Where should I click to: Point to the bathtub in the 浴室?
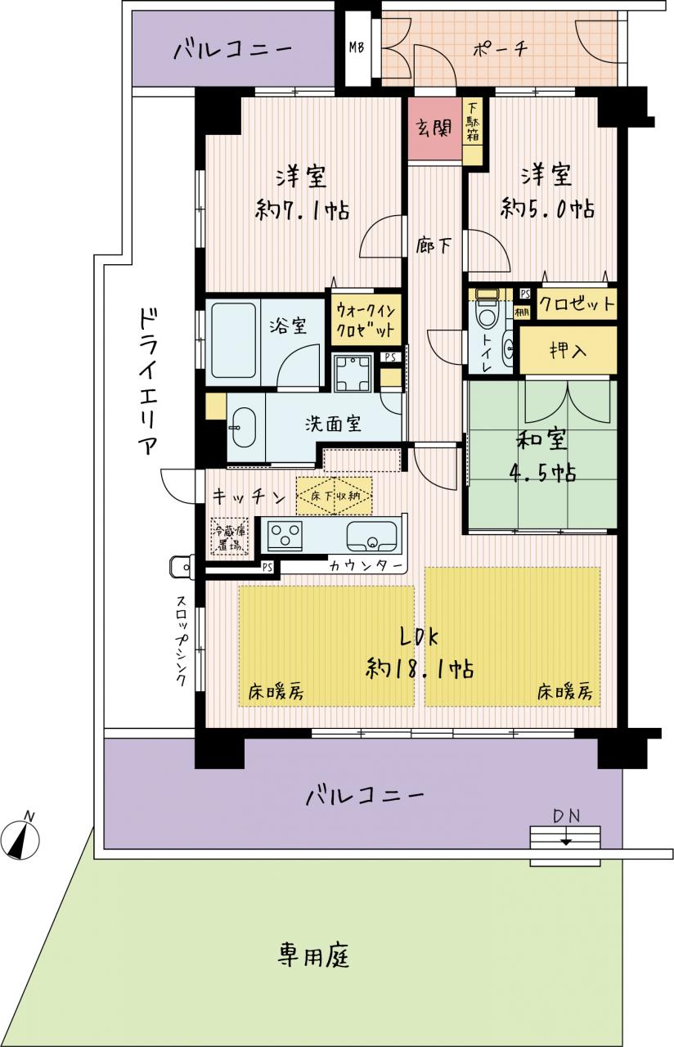233,341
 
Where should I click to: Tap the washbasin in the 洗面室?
243,428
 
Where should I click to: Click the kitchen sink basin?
371,536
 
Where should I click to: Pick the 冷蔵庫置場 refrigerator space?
229,536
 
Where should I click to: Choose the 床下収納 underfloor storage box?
334,496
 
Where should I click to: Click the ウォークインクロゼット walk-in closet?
366,320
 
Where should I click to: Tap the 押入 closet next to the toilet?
568,349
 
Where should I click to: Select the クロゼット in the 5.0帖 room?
577,304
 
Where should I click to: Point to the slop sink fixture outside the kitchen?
182,568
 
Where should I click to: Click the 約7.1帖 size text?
303,210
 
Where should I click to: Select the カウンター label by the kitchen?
366,567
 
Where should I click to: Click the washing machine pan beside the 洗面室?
353,373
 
